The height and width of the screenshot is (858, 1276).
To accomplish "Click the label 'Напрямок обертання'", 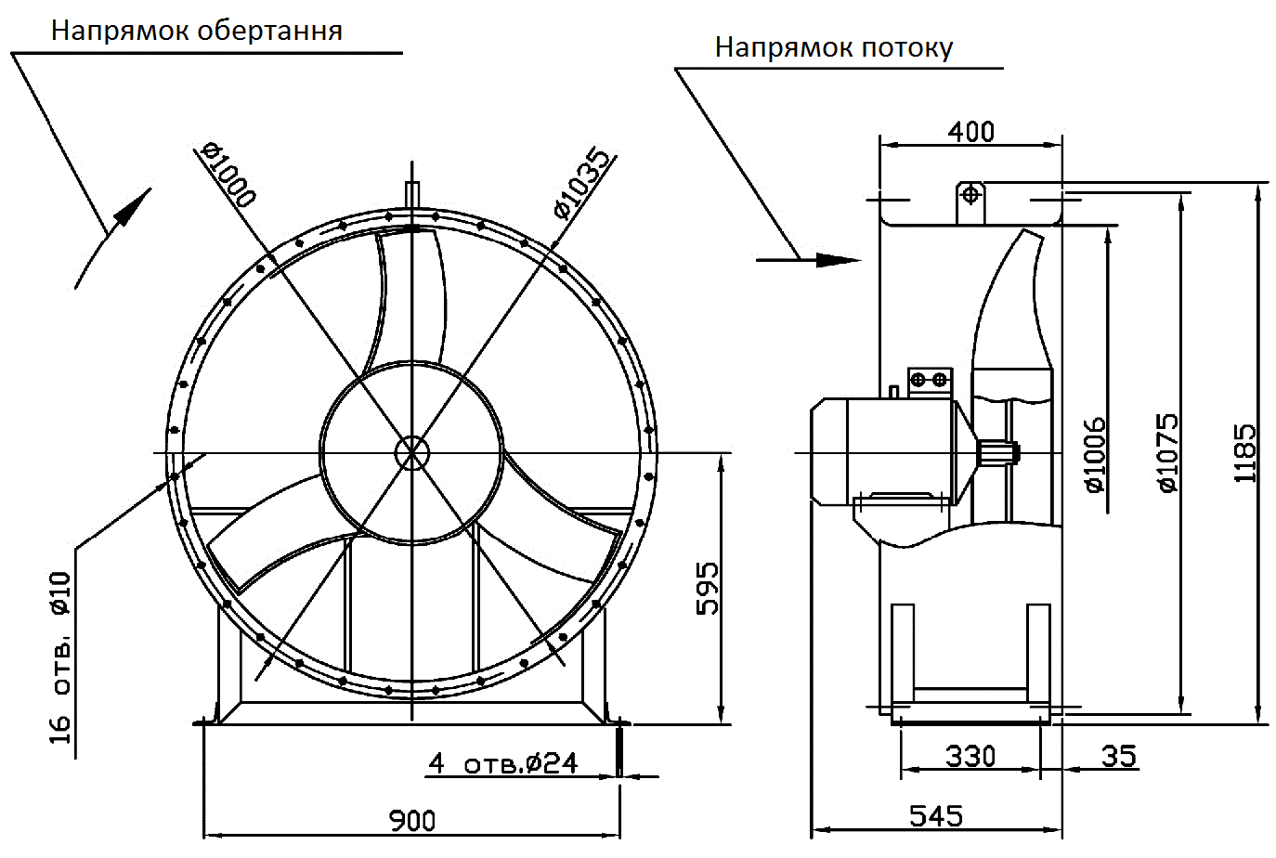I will point(196,31).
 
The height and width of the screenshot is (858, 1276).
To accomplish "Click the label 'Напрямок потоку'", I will point(833,47).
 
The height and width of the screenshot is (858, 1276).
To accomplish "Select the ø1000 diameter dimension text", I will point(228,174).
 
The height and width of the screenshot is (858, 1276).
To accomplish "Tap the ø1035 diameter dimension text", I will point(583,184).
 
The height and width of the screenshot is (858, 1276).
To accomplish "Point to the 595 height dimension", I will point(708,587).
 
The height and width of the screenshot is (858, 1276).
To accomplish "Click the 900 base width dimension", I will point(411,820).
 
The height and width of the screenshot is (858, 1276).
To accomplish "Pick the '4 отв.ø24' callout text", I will point(502,763).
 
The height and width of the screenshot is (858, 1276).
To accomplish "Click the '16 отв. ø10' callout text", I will point(60,657).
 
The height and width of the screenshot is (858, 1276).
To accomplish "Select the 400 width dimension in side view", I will point(970,132).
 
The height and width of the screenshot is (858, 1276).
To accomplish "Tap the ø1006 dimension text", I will point(1095,454).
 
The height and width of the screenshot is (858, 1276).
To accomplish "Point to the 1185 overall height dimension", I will point(1244,453).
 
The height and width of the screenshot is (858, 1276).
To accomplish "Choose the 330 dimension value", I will point(970,756).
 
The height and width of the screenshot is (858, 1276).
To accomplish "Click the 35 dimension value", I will point(1118,756).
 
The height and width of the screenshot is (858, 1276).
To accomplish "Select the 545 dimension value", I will point(935,815).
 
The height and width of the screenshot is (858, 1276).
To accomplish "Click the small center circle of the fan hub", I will point(410,453).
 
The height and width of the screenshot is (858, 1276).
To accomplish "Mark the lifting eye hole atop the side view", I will point(970,195).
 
